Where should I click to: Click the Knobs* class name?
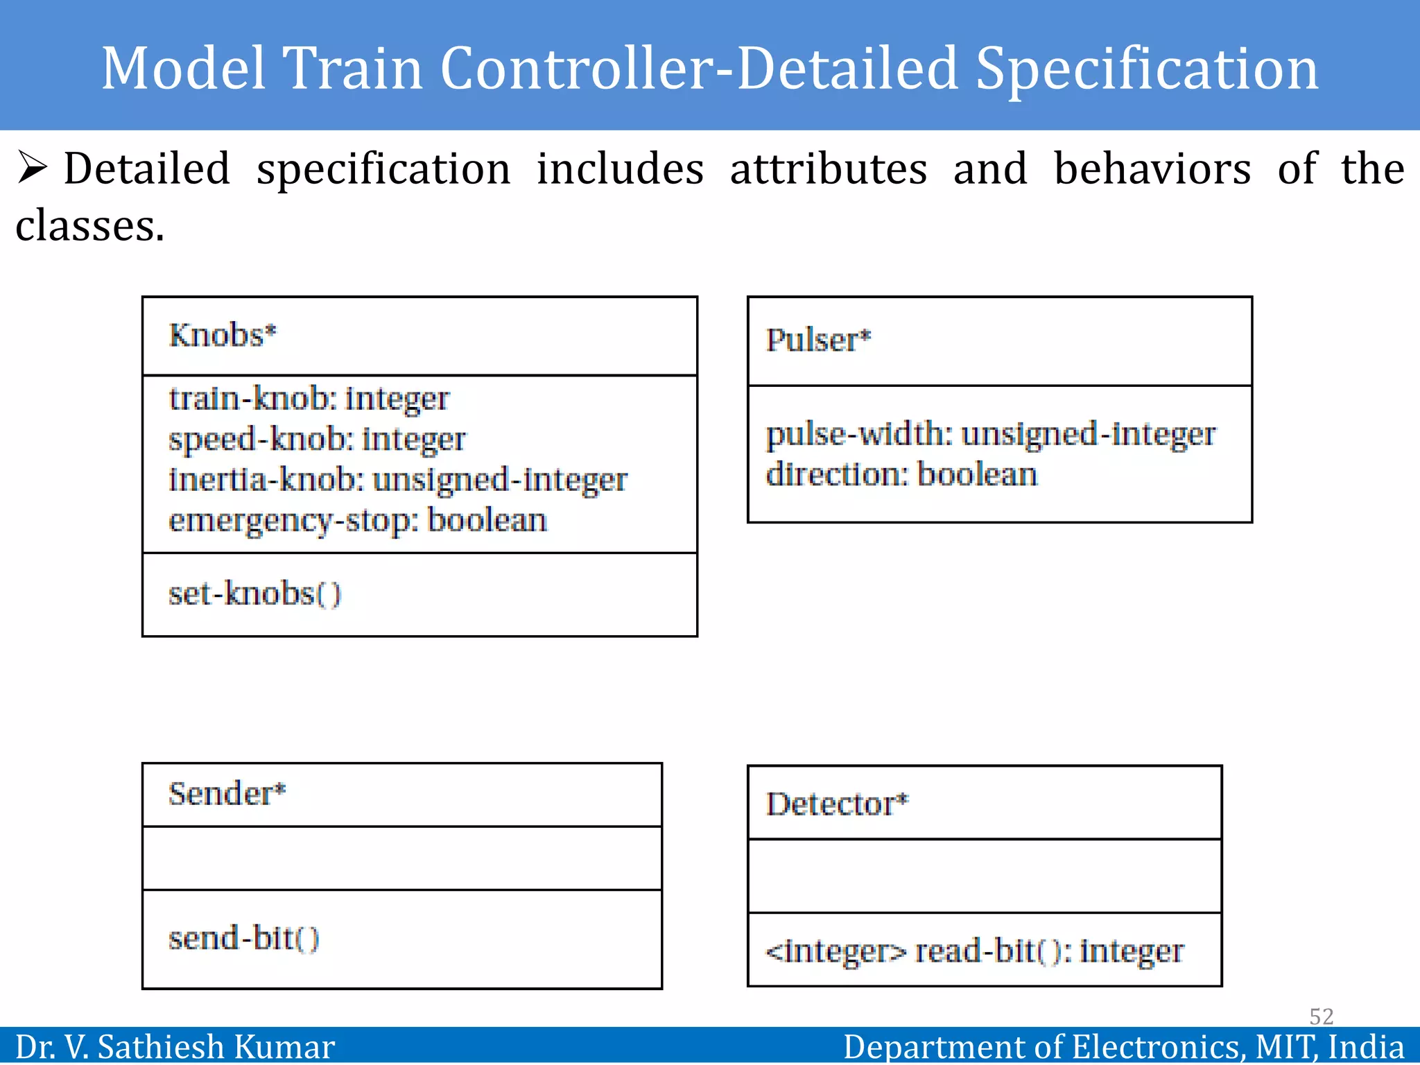point(223,336)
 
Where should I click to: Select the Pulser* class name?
point(818,340)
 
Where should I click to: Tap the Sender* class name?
point(227,794)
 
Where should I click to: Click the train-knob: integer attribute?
point(309,399)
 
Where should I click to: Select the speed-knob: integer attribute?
point(317,440)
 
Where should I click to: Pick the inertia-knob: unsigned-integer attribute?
point(398,480)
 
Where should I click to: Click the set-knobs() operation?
point(254,594)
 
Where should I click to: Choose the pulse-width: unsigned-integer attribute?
point(990,435)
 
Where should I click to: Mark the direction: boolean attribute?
point(901,475)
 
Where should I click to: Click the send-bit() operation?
point(243,939)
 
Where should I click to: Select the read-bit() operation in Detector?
point(974,951)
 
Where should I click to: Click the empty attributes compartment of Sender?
point(402,858)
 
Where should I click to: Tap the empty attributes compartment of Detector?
point(985,876)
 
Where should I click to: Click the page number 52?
point(1321,1016)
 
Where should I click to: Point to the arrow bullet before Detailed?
point(32,168)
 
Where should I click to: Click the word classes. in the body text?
point(90,227)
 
